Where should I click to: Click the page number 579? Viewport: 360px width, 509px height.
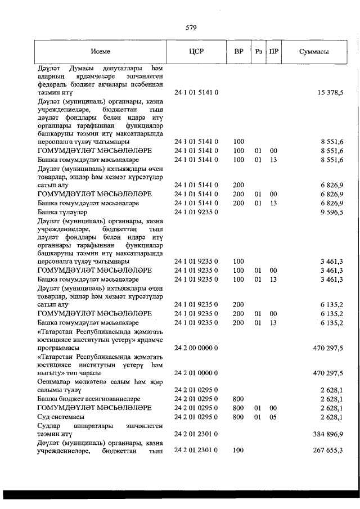tap(190, 28)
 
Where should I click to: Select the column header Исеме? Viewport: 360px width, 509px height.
tap(102, 51)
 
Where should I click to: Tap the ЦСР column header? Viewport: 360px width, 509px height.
tap(196, 51)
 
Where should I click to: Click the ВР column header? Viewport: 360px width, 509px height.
tap(238, 51)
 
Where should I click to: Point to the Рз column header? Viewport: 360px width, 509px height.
tap(258, 51)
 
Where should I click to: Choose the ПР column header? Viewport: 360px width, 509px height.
tap(273, 51)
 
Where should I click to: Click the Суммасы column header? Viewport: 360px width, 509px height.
tap(314, 51)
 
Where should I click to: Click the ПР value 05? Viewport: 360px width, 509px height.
tap(273, 417)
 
